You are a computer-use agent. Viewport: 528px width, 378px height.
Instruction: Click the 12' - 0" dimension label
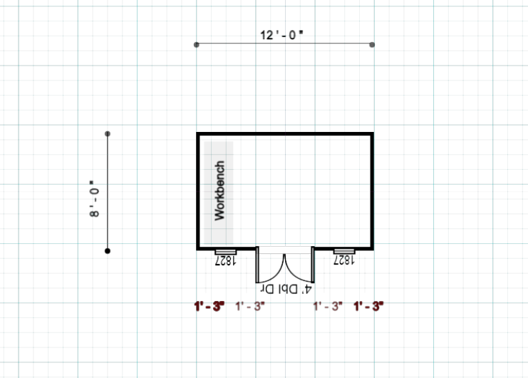281,35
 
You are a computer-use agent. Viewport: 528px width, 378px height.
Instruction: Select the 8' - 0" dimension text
94,199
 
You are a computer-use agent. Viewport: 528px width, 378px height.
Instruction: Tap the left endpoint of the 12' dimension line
197,44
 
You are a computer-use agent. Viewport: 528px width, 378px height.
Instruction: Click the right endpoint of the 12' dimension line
372,44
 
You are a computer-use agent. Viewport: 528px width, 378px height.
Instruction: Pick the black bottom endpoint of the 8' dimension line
108,250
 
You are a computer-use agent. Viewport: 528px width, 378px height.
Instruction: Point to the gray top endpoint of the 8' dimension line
108,134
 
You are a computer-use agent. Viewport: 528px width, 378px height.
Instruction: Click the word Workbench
219,190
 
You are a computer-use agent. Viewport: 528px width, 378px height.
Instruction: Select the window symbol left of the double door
226,252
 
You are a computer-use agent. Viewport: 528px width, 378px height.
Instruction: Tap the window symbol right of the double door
344,251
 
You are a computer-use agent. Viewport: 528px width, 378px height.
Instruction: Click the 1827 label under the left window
225,260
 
